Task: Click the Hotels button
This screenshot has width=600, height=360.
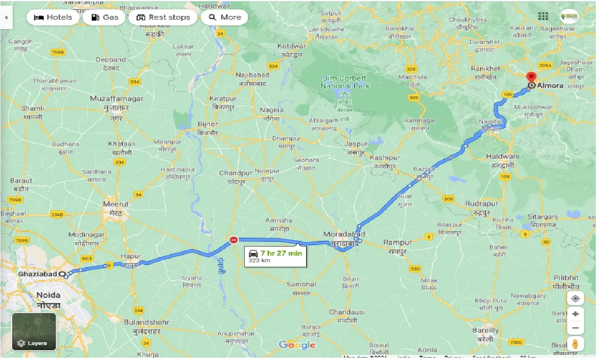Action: [x=52, y=17]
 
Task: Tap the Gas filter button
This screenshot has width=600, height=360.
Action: [x=104, y=17]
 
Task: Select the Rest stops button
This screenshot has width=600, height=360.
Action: [x=163, y=17]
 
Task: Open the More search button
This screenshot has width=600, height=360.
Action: [x=225, y=17]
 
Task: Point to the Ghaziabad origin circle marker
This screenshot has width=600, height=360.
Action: [x=62, y=274]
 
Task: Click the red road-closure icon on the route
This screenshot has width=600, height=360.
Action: [x=233, y=240]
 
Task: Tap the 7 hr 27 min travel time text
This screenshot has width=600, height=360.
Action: [x=281, y=253]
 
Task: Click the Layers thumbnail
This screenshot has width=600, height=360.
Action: [x=34, y=331]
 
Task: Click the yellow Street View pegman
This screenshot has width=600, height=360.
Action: [x=575, y=344]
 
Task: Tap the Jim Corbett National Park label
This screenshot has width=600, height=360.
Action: [x=345, y=82]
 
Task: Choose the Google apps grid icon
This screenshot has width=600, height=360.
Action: [x=543, y=17]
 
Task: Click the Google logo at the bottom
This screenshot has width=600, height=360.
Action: [x=297, y=345]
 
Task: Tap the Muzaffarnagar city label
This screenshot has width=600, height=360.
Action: [x=117, y=99]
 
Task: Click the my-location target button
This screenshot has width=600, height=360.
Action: [x=575, y=298]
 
